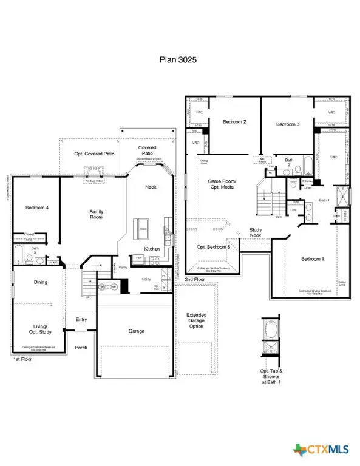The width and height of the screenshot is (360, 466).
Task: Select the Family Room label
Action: pyautogui.click(x=97, y=214)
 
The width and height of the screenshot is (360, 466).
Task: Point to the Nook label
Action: pyautogui.click(x=150, y=187)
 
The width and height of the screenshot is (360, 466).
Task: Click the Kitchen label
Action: pyautogui.click(x=152, y=249)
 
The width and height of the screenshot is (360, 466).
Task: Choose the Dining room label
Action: pyautogui.click(x=40, y=282)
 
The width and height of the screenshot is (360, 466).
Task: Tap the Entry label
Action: pyautogui.click(x=81, y=320)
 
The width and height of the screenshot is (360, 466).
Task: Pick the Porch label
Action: pyautogui.click(x=81, y=348)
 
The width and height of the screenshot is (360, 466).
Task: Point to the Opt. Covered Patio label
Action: pyautogui.click(x=94, y=154)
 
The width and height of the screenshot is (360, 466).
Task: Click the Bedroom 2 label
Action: pyautogui.click(x=234, y=122)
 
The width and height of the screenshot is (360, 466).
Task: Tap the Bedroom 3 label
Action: pyautogui.click(x=288, y=124)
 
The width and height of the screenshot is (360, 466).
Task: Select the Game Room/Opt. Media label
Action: pyautogui.click(x=222, y=184)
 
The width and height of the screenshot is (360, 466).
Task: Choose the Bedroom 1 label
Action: pyautogui.click(x=313, y=259)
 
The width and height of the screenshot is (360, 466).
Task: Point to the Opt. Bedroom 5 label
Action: pyautogui.click(x=213, y=248)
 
